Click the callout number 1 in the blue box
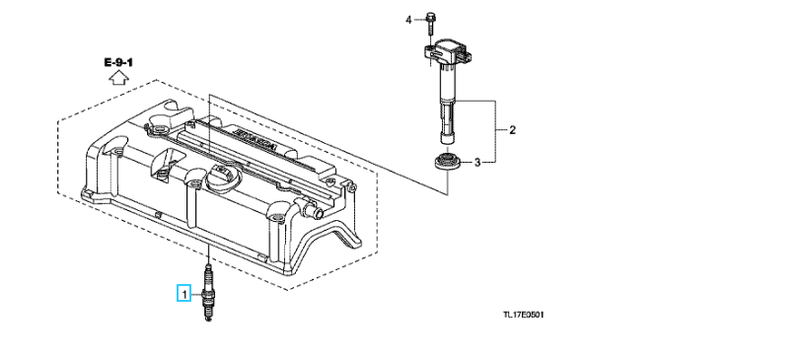point(183,294)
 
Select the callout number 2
point(512,130)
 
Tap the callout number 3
point(477,163)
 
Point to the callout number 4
point(408,20)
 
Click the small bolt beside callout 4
point(430,22)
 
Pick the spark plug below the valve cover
point(207,293)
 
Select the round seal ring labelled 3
point(448,162)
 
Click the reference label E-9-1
point(118,62)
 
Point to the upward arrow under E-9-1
point(118,77)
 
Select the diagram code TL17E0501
point(524,314)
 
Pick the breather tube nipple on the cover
point(311,209)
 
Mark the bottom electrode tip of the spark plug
point(207,320)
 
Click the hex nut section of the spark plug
point(207,295)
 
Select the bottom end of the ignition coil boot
point(448,140)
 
